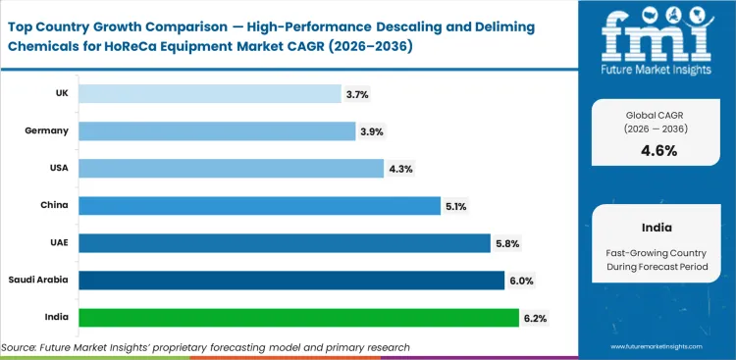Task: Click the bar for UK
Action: (x=209, y=93)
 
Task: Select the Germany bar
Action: (x=217, y=130)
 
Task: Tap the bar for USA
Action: (x=231, y=168)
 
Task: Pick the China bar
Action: (x=259, y=205)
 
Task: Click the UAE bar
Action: (x=284, y=242)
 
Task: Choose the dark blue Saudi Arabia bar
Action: (x=290, y=280)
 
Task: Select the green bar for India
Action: (x=298, y=317)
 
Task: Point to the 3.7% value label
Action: (x=357, y=94)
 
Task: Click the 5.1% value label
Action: (x=456, y=206)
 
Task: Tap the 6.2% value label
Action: (x=535, y=318)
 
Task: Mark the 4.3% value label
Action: (x=400, y=169)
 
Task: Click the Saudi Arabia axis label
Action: (x=40, y=280)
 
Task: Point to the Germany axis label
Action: (x=47, y=130)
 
